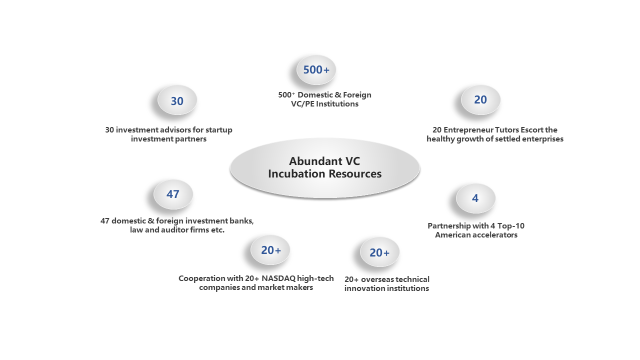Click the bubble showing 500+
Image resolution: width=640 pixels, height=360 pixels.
316,70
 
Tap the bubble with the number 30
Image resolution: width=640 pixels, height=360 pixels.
177,100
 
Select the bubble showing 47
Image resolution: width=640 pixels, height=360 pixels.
173,194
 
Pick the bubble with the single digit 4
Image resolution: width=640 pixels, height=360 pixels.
475,198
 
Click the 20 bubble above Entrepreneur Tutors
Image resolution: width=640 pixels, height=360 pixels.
480,100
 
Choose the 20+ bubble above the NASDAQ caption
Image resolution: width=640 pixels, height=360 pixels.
270,250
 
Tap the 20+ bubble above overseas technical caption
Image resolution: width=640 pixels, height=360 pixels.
379,252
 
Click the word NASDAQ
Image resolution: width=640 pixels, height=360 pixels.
278,278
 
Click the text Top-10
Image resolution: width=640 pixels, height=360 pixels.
511,226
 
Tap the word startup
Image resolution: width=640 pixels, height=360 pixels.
219,130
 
